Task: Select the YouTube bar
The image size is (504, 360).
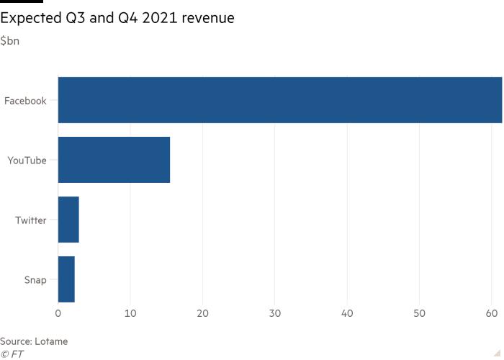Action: (x=114, y=160)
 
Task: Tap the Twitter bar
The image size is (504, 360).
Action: (x=68, y=220)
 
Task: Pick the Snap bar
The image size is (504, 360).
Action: (x=66, y=279)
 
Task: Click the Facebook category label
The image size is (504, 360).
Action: (x=25, y=101)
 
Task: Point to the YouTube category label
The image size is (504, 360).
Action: (x=27, y=161)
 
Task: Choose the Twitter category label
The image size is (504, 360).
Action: (x=31, y=220)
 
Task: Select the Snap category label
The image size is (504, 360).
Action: (x=35, y=280)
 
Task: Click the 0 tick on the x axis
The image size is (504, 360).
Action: (x=58, y=313)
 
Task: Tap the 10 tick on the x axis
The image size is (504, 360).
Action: (x=130, y=313)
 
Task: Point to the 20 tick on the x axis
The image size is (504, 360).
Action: (x=203, y=313)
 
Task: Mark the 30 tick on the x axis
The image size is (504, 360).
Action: (x=275, y=313)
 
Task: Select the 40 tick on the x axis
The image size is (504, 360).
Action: (x=348, y=313)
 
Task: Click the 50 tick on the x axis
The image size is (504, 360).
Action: (x=420, y=313)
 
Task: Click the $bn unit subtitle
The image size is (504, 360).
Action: (x=10, y=41)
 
